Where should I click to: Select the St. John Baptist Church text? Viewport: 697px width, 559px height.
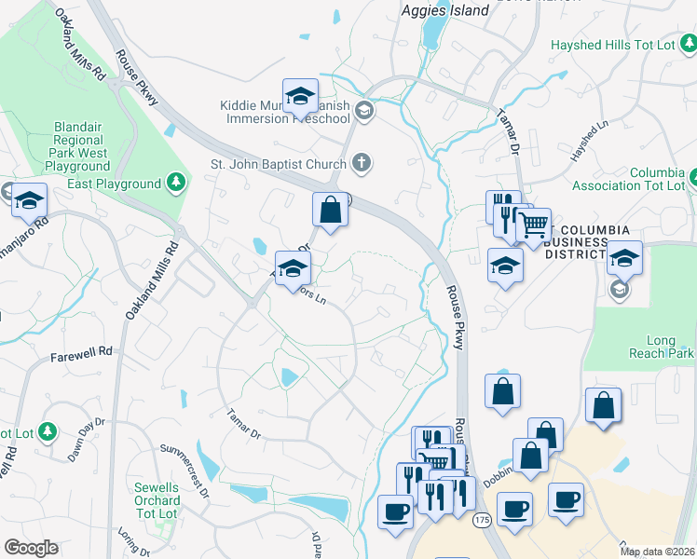(x=278, y=165)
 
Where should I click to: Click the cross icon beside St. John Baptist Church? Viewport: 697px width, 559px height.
(x=363, y=164)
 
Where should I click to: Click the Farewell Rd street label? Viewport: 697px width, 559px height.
(x=81, y=352)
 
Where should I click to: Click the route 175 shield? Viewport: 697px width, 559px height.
(x=481, y=519)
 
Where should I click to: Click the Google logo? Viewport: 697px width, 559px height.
(x=31, y=548)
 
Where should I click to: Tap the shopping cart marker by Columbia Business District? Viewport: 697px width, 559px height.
(x=533, y=225)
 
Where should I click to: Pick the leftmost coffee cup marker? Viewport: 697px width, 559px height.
(x=395, y=511)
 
